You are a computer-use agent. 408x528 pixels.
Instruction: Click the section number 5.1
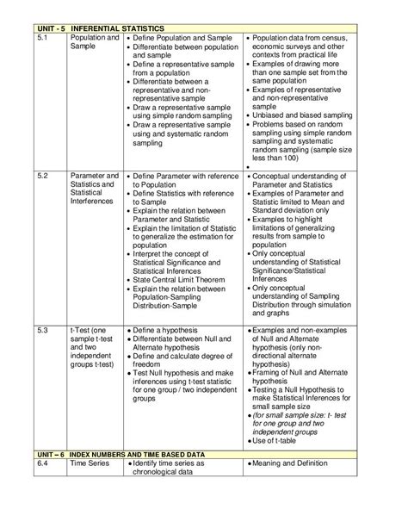[x=46, y=39]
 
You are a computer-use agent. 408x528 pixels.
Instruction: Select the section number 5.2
[x=46, y=176]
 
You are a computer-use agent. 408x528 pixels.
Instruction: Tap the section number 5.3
[x=46, y=330]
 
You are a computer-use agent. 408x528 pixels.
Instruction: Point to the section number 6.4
[x=46, y=463]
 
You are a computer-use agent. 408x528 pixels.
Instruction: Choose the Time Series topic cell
[x=89, y=463]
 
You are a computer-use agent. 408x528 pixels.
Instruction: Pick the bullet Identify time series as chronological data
[x=176, y=468]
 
